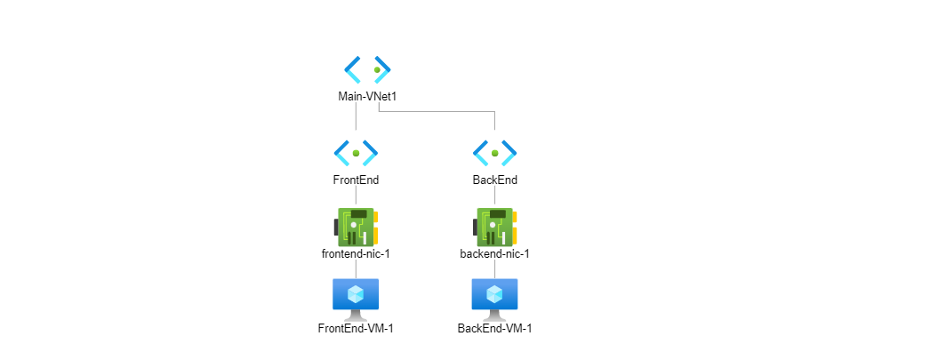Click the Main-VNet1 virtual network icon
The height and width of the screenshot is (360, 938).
(367, 70)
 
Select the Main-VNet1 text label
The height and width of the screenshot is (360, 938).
(367, 96)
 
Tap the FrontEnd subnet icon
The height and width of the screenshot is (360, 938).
(356, 153)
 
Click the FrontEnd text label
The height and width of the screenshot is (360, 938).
(356, 180)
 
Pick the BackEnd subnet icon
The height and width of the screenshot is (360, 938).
(494, 153)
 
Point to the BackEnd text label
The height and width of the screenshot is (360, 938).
(494, 180)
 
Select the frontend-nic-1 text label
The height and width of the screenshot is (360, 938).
(356, 253)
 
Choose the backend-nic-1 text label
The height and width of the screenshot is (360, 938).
(494, 253)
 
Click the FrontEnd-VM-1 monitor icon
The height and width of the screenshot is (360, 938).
(356, 299)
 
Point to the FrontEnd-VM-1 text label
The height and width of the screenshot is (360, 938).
(356, 328)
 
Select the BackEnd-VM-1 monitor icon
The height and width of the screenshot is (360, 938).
(494, 299)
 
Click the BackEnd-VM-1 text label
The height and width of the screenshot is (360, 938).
(494, 328)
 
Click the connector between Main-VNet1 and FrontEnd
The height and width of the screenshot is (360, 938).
(356, 116)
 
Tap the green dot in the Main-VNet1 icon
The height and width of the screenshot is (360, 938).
(377, 70)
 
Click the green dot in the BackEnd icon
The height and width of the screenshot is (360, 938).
(494, 153)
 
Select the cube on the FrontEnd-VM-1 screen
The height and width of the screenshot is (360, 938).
(356, 293)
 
